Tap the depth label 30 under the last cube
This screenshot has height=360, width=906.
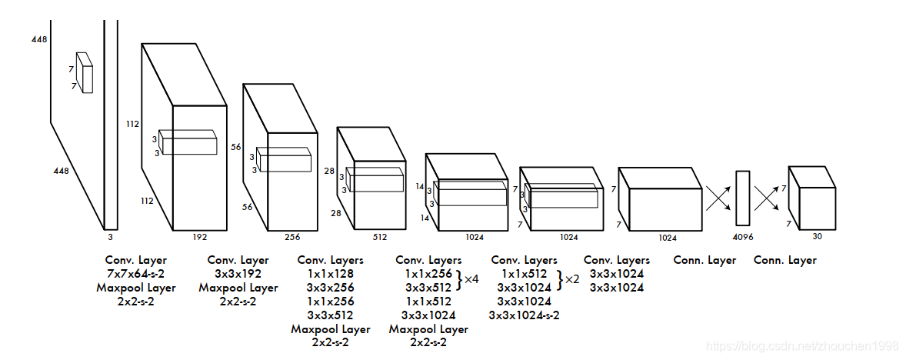coord(817,236)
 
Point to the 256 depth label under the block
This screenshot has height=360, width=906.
coord(294,238)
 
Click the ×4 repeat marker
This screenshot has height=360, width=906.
coord(471,280)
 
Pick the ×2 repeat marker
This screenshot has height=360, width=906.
coord(571,280)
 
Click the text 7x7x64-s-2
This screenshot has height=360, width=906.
coord(135,274)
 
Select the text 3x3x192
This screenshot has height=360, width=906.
coord(238,274)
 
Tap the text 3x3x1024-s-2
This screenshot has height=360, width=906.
coord(524,315)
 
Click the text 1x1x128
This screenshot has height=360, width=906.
coord(330,274)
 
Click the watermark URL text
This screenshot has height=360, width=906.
coord(802,348)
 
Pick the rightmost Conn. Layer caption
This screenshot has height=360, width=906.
coord(784,260)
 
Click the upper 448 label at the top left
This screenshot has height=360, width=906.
coord(39,38)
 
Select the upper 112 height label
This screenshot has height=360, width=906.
coord(133,123)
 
